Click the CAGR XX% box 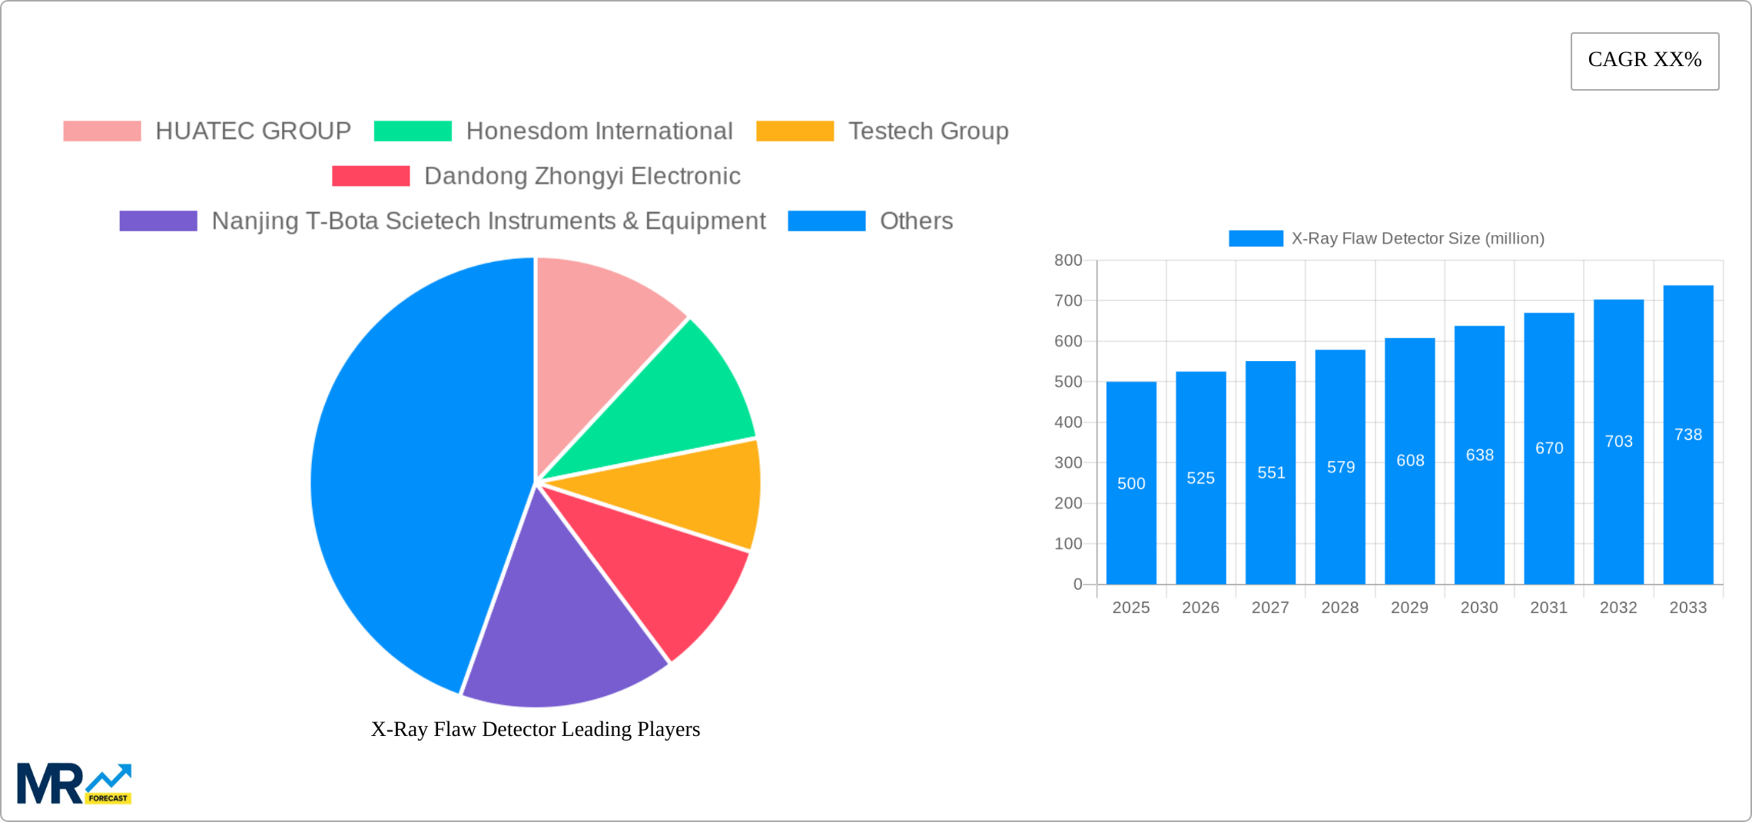1644,61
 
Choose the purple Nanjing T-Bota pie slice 561,630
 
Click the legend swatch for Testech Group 795,131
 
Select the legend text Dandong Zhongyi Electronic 582,176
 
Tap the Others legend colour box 826,221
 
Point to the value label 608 1410,460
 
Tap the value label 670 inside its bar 1549,448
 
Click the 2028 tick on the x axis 1340,608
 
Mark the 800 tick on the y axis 1068,260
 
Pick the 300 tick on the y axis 1068,462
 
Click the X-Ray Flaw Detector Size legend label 1417,239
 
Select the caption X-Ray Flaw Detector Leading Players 536,729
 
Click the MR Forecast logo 75,784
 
